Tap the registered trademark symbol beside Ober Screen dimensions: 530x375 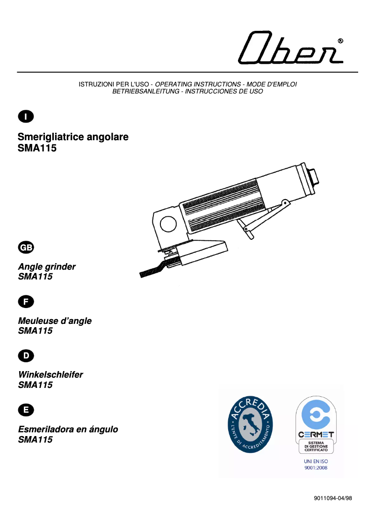(x=341, y=41)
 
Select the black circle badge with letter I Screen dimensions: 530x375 (x=25, y=115)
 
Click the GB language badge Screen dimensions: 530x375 (x=25, y=247)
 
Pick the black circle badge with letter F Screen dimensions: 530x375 (x=25, y=301)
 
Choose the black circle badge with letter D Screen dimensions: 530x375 (x=25, y=356)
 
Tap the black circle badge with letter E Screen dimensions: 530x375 (x=25, y=410)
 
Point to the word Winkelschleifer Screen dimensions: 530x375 (x=50, y=375)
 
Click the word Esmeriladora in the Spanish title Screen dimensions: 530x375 (x=46, y=429)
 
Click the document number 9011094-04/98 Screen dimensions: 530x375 (x=333, y=498)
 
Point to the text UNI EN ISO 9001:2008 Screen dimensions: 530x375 (x=316, y=464)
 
